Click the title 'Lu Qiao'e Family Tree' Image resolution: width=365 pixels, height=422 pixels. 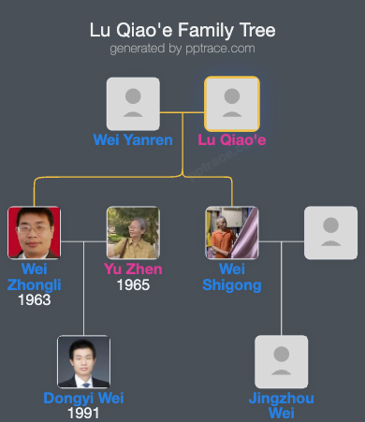click(x=182, y=30)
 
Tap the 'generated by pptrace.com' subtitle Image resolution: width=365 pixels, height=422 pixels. click(x=182, y=48)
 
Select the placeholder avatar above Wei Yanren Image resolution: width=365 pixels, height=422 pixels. click(x=133, y=103)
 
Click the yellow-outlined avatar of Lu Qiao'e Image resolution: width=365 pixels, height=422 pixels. click(x=232, y=103)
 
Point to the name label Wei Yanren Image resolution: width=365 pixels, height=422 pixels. click(x=133, y=140)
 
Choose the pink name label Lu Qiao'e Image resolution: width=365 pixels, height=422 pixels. click(x=232, y=140)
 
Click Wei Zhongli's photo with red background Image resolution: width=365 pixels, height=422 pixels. click(x=34, y=232)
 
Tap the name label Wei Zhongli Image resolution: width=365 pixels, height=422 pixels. click(x=34, y=277)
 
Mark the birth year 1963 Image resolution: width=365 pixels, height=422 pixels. click(x=34, y=300)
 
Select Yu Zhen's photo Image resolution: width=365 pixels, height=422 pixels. click(x=133, y=232)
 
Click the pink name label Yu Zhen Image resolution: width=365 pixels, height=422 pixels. click(x=133, y=269)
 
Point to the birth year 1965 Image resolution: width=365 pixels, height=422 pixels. click(x=133, y=284)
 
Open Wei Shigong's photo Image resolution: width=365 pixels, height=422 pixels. click(x=232, y=232)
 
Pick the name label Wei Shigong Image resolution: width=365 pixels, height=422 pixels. click(x=232, y=277)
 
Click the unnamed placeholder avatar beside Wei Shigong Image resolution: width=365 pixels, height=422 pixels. click(x=330, y=232)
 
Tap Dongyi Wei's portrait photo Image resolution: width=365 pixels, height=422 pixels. click(x=83, y=361)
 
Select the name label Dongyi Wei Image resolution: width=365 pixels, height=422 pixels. click(x=83, y=398)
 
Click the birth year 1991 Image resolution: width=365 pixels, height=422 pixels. click(x=83, y=413)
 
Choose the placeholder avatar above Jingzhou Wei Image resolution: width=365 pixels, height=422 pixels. click(x=282, y=361)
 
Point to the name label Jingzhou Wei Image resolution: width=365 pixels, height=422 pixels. click(x=282, y=405)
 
